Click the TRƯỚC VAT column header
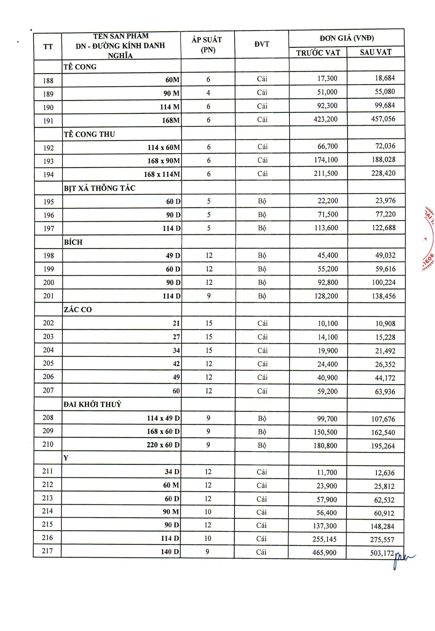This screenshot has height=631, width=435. pos(318,53)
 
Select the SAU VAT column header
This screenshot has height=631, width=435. pos(376,52)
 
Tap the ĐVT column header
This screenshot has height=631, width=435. pos(262,44)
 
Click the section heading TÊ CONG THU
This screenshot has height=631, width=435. pos(89,134)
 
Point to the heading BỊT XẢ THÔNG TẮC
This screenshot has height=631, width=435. pos(100,188)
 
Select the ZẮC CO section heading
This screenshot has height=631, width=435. pos(78,309)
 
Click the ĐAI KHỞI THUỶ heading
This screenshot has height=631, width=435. pos(92,404)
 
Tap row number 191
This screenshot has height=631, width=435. pos(48,121)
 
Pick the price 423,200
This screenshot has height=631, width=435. pos(326,119)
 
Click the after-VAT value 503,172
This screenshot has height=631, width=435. pos(382,553)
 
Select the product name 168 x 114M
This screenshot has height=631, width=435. pos(162,174)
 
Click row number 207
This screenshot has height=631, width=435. pos(48,390)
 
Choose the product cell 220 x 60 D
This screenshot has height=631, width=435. pos(163,445)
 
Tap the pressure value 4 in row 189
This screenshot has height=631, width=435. pos(208,93)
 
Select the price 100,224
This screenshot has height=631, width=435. pos(383,282)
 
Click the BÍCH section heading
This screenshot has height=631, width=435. pos(73,242)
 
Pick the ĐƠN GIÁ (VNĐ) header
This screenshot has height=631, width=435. pos(346,38)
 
